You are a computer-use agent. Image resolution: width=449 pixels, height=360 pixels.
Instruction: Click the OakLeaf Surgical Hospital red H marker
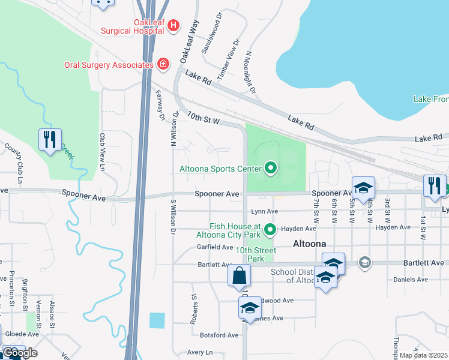[x=173, y=25]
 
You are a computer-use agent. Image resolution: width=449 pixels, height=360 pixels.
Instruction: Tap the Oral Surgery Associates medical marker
[x=163, y=64]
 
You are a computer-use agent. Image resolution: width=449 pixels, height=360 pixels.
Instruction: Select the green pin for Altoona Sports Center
[x=270, y=169]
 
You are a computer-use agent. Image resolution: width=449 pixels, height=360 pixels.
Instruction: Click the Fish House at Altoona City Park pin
[x=270, y=229]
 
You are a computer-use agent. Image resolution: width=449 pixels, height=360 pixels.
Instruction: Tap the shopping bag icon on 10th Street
[x=239, y=276]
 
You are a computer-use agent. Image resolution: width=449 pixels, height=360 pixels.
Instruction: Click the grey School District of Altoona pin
[x=364, y=262]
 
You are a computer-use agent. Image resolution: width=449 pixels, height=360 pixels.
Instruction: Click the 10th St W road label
[x=204, y=118]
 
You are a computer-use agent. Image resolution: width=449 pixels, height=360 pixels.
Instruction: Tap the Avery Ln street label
[x=200, y=352]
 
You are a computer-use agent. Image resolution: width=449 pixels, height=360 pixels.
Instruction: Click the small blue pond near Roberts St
[x=157, y=320]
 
